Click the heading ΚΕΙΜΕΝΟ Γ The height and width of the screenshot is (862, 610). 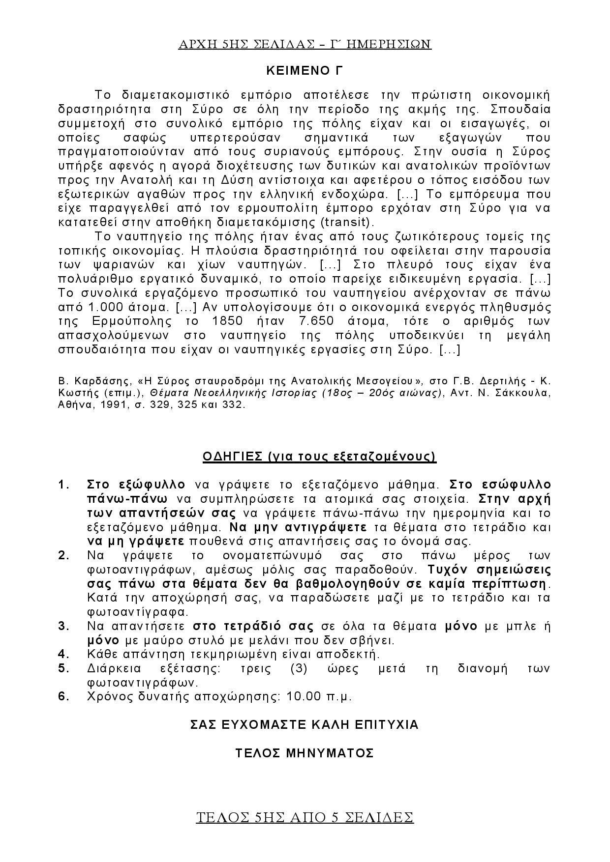tap(304, 71)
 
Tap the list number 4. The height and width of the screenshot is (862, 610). tap(63, 654)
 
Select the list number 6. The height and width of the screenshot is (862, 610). tap(63, 696)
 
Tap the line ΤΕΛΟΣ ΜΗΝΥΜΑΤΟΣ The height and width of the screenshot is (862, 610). tap(305, 753)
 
